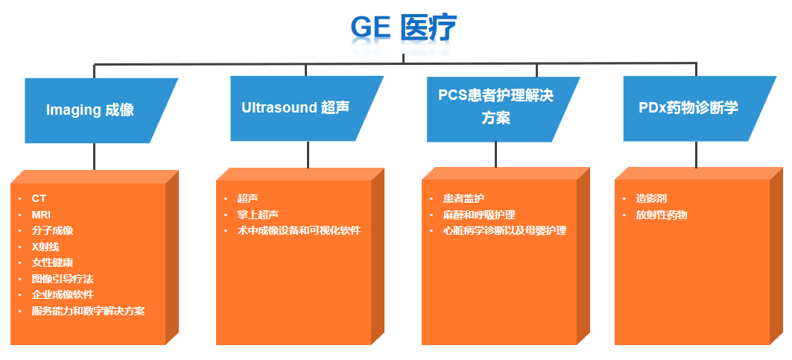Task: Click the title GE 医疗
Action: pos(403,28)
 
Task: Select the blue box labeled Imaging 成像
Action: pos(101,110)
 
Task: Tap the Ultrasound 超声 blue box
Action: pos(307,108)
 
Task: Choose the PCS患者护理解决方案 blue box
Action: pos(503,110)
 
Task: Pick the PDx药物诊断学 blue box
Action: pos(700,108)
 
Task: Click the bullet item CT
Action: pos(39,199)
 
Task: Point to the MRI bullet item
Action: pos(41,215)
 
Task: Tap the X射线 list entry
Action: pos(45,247)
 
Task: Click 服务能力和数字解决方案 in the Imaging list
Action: pos(89,311)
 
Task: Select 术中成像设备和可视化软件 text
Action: pos(299,230)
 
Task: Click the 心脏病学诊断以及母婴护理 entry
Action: pos(504,230)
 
